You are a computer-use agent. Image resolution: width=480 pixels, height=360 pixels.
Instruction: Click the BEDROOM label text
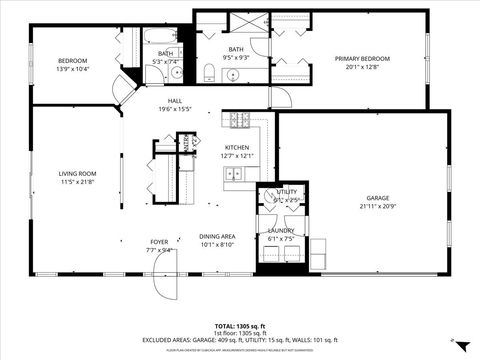tap(72, 59)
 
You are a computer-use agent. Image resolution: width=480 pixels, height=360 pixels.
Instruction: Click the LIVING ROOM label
tap(77, 174)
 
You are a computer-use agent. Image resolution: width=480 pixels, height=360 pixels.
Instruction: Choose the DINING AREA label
tap(217, 236)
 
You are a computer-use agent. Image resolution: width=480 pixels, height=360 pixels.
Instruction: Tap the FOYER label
tap(159, 242)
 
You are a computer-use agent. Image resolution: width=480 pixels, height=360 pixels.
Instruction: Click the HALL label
tap(174, 101)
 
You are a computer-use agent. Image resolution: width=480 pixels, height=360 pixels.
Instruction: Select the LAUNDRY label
tap(281, 231)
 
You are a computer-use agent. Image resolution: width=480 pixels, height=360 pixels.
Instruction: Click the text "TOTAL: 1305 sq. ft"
tap(239, 326)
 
